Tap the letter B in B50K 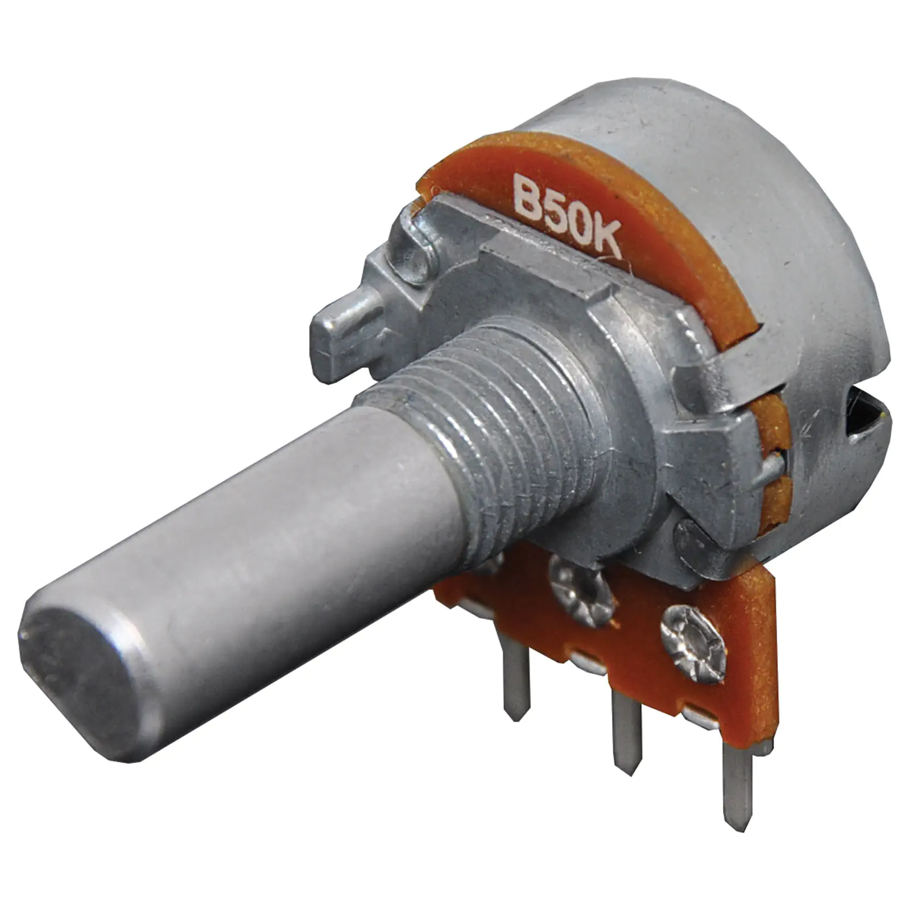pos(527,194)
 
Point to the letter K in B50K pos(605,242)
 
